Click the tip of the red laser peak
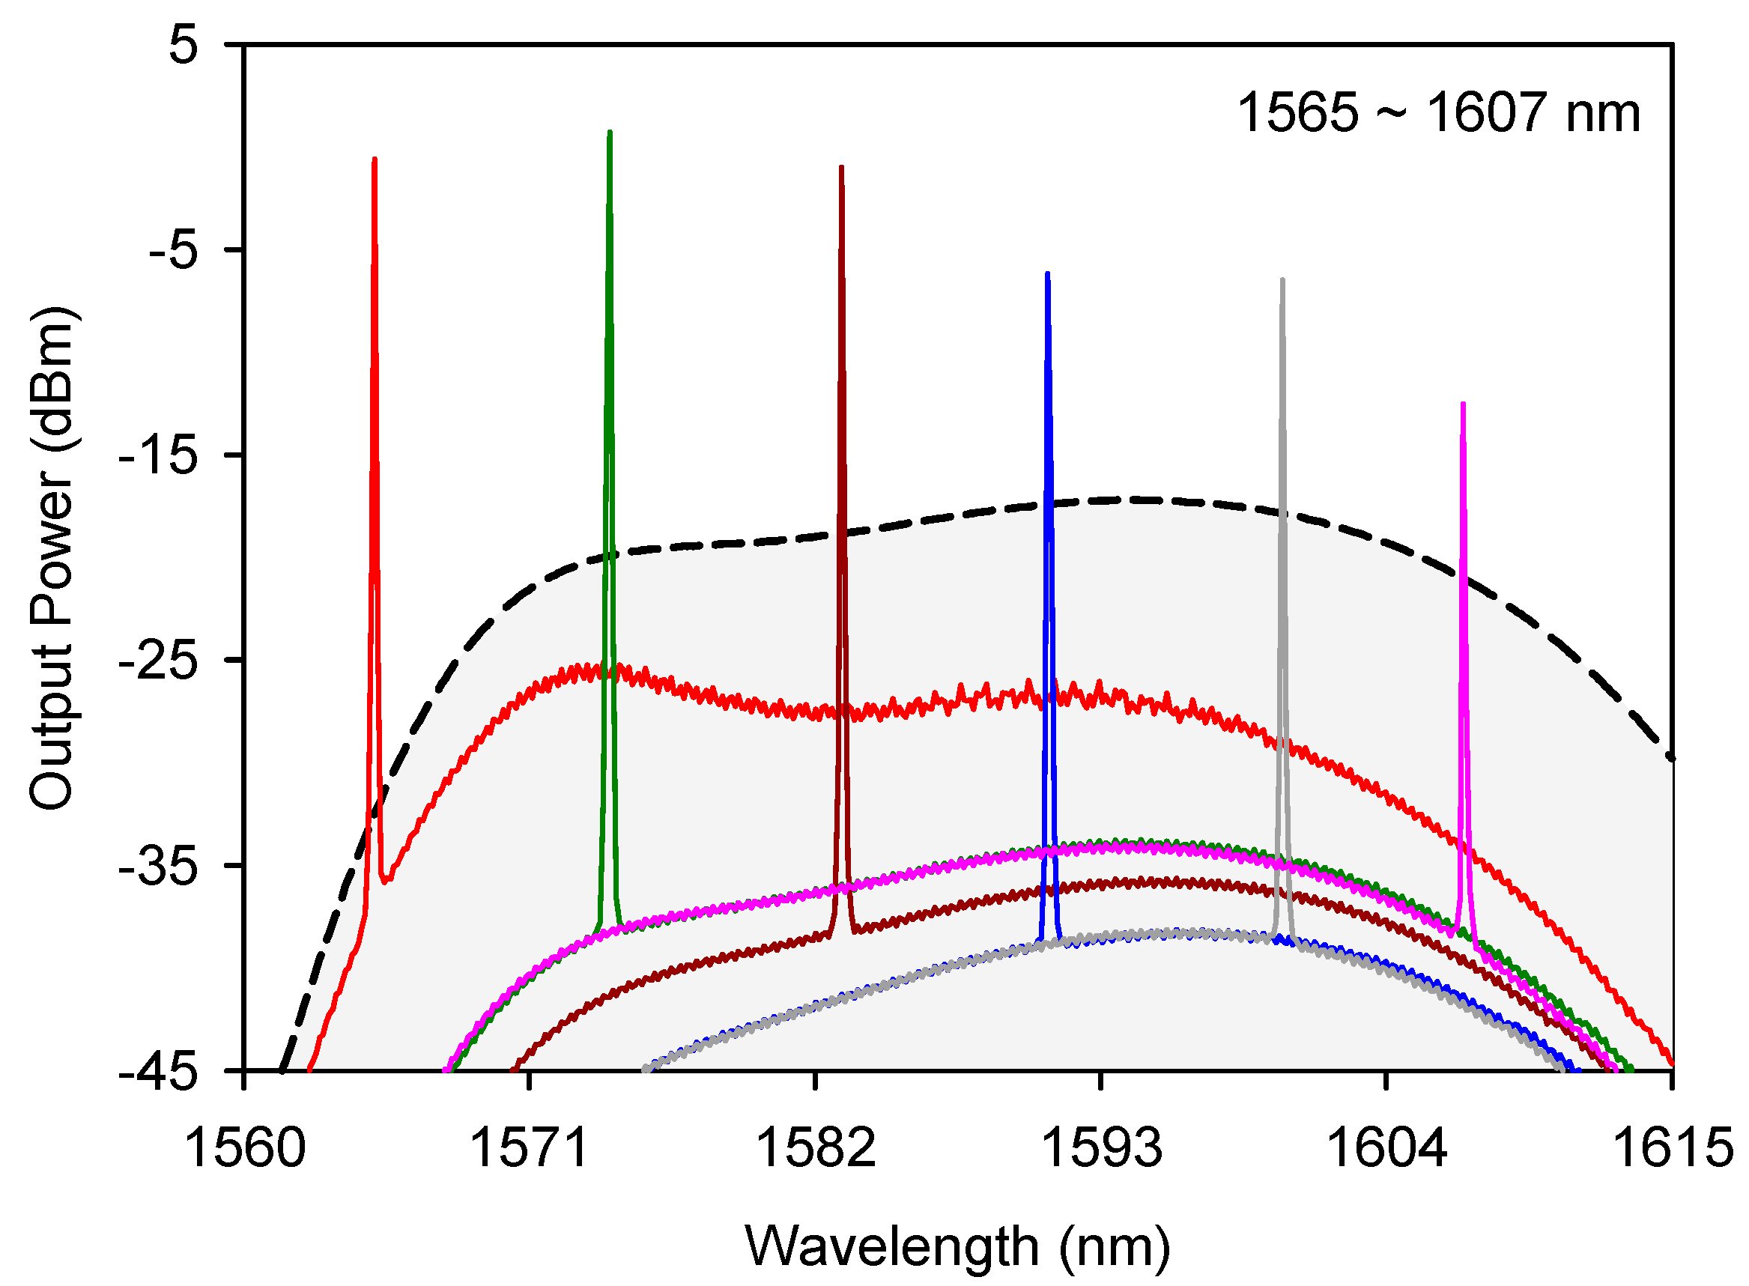[375, 160]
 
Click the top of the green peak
[610, 133]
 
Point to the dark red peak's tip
[841, 167]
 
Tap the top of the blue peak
[1048, 274]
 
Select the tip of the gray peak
[1282, 279]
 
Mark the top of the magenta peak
[1464, 404]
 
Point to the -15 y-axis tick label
[159, 455]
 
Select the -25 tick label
[159, 660]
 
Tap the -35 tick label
[159, 866]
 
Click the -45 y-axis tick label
[159, 1071]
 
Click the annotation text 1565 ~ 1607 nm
[1438, 114]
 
